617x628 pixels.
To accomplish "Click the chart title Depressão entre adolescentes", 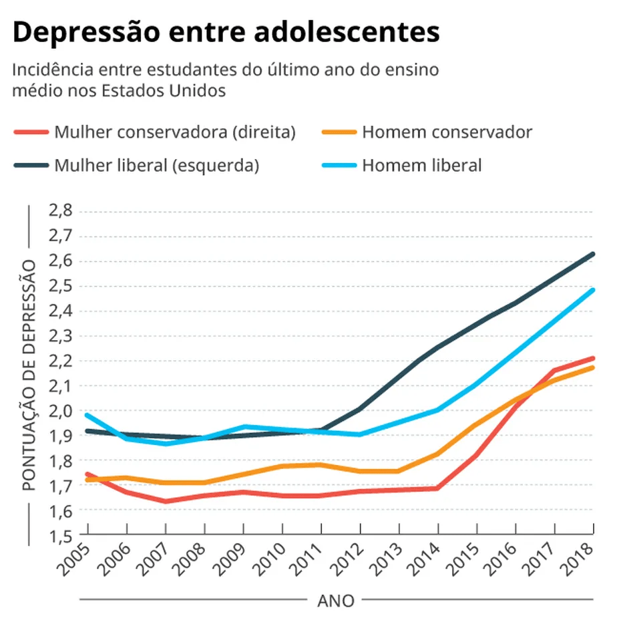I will pos(226,32).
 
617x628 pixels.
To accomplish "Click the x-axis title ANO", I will pos(336,599).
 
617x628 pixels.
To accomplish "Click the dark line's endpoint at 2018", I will pos(592,254).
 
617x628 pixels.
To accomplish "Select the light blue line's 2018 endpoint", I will pos(592,290).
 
